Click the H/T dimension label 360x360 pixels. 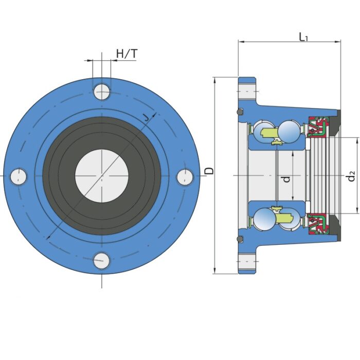pos(127,53)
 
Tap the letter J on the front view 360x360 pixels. pos(148,117)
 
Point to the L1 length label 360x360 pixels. pos(303,37)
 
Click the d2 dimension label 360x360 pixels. pos(351,176)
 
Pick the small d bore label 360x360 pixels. pos(286,178)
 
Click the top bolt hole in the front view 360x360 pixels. pos(102,92)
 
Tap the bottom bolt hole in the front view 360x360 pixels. pos(102,260)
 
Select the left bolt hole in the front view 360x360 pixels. pos(19,176)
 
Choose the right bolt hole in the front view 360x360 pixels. pos(185,176)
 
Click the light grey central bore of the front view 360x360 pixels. pos(102,176)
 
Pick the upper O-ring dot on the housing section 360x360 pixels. pos(239,112)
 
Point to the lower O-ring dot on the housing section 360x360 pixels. pos(239,239)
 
